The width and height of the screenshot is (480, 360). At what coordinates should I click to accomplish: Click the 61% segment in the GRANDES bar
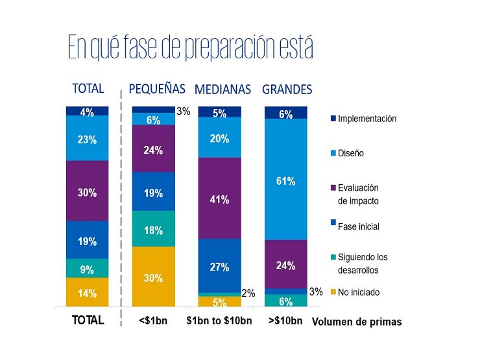[286, 179]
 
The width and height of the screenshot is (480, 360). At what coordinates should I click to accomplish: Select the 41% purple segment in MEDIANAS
[220, 198]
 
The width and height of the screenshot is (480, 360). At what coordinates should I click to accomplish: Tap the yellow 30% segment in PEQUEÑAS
[154, 276]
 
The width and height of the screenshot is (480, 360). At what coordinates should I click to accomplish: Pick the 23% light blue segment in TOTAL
[88, 138]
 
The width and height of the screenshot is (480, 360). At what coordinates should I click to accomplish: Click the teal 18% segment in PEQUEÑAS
[154, 229]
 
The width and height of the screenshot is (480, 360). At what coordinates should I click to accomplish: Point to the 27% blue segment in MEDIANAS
[220, 266]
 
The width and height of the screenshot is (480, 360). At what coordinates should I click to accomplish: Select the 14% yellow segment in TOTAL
[88, 292]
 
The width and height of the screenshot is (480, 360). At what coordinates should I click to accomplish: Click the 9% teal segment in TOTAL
[88, 268]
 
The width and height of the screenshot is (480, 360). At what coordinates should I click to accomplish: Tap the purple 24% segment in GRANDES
[286, 264]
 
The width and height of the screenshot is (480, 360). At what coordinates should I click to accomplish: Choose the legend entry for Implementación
[364, 119]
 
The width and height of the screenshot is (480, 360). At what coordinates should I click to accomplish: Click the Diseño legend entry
[348, 153]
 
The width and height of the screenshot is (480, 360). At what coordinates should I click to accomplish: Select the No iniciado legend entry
[355, 293]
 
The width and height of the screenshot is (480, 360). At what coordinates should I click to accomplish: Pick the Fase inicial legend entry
[355, 226]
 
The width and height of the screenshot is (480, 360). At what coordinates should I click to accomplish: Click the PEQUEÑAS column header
[157, 89]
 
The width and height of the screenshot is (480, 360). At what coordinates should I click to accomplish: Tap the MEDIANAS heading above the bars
[223, 90]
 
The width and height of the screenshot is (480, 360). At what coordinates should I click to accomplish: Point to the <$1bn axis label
[153, 320]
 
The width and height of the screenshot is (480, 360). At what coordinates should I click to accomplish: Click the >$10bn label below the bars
[285, 320]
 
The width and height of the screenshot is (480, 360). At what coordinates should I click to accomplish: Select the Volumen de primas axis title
[357, 322]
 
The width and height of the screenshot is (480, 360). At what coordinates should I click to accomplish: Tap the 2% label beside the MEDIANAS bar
[248, 293]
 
